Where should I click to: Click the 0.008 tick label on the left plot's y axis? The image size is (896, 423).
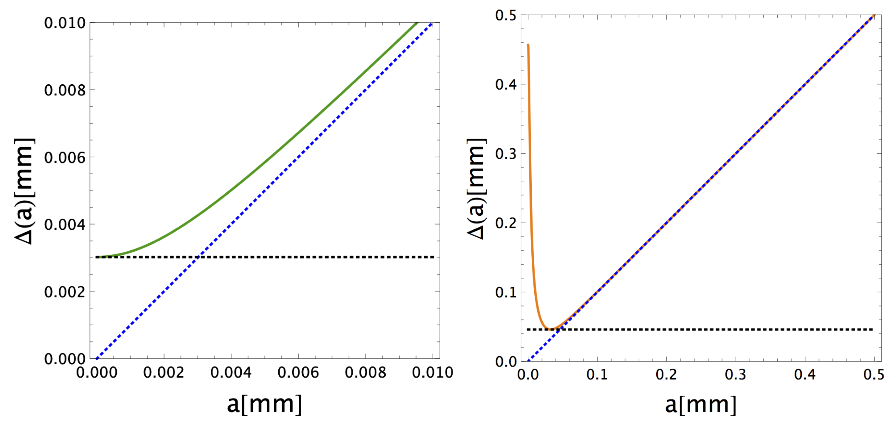point(65,91)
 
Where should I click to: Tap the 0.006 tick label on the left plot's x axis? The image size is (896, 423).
point(298,373)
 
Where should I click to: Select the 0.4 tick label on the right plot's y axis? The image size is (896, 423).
point(506,85)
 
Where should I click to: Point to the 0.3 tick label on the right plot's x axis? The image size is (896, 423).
point(735,375)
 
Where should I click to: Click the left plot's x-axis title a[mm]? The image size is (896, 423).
point(264,404)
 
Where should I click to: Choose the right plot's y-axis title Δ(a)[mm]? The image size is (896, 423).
point(477,188)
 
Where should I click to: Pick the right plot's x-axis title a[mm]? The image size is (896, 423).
point(700,405)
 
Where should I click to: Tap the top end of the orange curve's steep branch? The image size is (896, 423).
point(528,44)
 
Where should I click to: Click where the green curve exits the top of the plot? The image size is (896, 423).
point(417,23)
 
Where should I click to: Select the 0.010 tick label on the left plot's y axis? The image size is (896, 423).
point(65,23)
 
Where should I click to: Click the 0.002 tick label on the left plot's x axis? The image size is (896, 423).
point(163,373)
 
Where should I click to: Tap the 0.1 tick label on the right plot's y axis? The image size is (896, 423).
point(506,292)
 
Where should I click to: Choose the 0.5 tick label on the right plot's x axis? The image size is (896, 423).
point(873,375)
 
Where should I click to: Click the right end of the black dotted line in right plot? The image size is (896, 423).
point(873,329)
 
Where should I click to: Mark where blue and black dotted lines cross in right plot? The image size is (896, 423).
point(559,329)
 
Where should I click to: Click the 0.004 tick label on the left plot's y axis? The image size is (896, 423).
point(65,225)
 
